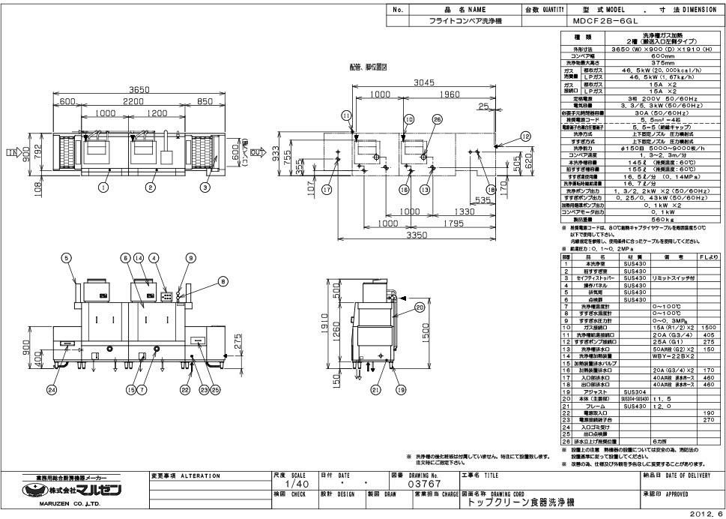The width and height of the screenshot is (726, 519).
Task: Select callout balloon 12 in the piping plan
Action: [x=525, y=136]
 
